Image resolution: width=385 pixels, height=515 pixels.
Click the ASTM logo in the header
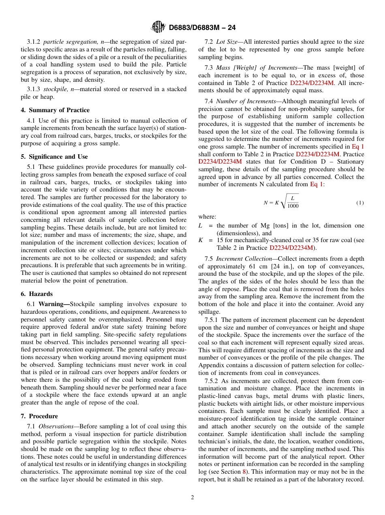158,27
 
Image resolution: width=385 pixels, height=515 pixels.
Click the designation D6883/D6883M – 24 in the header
202,28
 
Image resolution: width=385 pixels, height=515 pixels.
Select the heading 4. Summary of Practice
55,110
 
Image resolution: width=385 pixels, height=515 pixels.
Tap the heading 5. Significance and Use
54,157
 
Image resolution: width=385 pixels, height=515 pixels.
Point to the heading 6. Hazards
36,294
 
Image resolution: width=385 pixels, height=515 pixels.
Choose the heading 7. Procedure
39,416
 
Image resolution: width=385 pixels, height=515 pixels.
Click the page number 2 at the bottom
192,498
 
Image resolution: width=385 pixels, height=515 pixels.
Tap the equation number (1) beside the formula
360,202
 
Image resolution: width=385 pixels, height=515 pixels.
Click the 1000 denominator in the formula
293,206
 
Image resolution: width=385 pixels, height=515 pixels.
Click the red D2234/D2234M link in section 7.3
312,83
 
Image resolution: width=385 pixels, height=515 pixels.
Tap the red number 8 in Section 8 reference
244,472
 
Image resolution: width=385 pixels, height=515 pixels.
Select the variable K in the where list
200,240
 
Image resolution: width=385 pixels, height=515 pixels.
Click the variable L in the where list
200,226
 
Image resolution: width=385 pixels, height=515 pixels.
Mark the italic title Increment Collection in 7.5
244,259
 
